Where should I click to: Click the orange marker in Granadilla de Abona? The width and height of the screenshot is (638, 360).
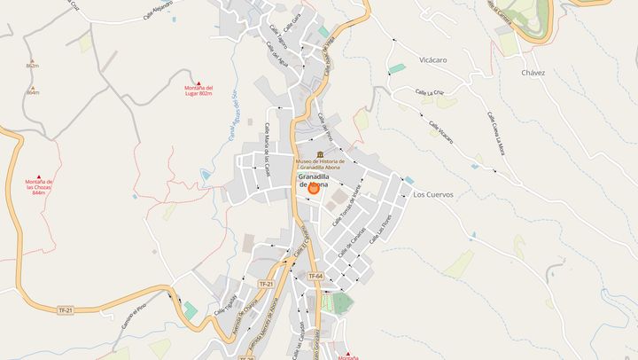point(314,188)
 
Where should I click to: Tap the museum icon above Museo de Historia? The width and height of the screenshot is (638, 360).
point(307,154)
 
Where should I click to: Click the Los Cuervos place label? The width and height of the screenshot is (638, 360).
point(433,194)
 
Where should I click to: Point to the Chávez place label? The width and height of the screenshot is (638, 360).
point(533,73)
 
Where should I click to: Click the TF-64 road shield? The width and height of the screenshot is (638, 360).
point(315,278)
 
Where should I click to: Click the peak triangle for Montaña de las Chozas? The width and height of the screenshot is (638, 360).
point(38,175)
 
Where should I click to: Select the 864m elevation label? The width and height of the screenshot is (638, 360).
point(33,92)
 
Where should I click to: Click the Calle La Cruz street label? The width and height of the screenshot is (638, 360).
point(430,91)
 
